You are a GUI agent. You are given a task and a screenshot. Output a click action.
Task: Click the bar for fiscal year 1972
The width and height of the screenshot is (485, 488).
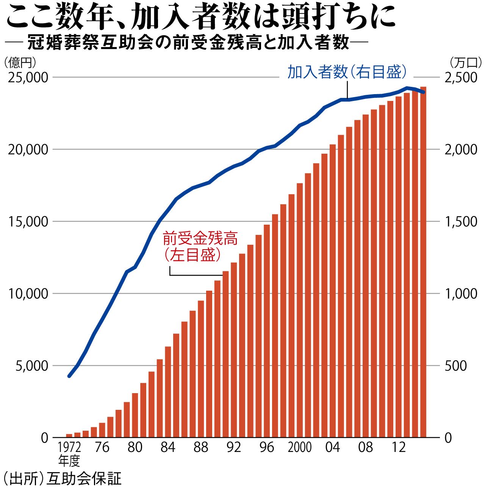pos(69,435)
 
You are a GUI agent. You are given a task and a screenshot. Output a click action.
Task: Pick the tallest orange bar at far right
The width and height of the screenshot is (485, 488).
pos(423,262)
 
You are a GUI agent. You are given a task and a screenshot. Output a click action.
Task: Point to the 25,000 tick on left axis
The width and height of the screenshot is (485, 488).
pos(28,77)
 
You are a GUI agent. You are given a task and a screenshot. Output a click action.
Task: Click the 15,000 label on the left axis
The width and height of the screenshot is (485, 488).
pos(28,222)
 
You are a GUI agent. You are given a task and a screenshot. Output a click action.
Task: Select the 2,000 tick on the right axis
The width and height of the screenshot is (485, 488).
pos(461,150)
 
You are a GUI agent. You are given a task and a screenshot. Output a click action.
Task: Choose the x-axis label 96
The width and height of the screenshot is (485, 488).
pos(267,447)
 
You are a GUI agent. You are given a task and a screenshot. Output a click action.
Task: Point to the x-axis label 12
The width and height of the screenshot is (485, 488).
pos(399,447)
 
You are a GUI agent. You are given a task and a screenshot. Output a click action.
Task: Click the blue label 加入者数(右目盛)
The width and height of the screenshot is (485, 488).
pos(347,72)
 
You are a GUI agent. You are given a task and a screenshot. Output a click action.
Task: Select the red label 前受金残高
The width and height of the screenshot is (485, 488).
pos(200,239)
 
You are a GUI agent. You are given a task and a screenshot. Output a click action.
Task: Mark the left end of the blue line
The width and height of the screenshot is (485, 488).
pos(69,376)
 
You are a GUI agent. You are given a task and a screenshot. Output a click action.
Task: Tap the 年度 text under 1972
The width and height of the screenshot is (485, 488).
pos(69,461)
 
